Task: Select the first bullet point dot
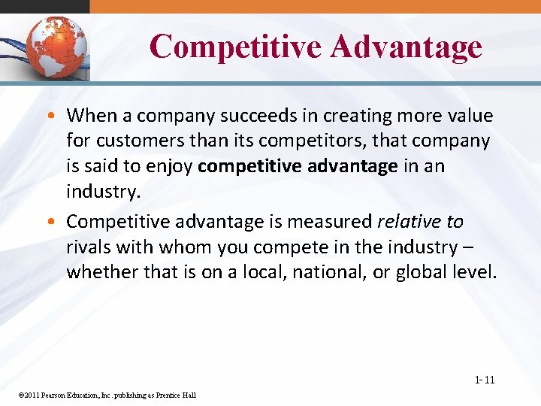tap(56, 117)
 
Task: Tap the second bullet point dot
tap(56, 223)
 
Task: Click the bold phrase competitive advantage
tap(298, 165)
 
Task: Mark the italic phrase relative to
tap(420, 222)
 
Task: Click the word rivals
tap(88, 247)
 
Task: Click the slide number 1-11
tap(485, 380)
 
